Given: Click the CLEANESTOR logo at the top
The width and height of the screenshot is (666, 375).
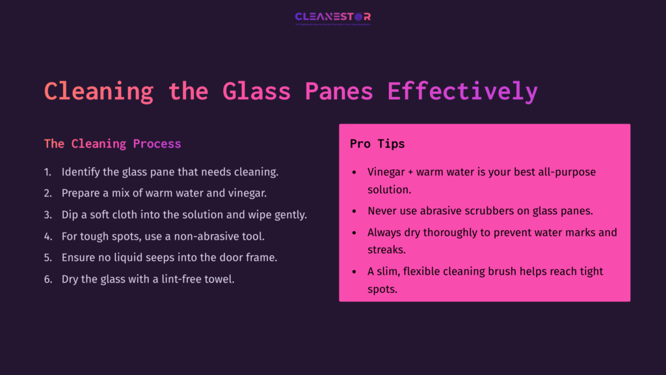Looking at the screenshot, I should [333, 18].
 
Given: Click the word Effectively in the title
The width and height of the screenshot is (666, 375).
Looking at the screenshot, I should [462, 91].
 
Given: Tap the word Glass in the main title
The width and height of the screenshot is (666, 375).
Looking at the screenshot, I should [256, 91].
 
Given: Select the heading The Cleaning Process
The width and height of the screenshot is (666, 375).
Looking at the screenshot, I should [113, 143].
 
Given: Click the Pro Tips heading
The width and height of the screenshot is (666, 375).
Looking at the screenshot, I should [377, 143].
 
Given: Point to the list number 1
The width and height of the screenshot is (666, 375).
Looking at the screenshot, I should [47, 172].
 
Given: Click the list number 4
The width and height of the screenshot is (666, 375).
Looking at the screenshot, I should [47, 236].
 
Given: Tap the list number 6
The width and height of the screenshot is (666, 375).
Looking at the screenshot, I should [47, 279].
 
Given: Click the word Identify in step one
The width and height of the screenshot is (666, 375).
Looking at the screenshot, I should [82, 172].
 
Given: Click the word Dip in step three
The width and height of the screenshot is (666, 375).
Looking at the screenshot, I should [70, 215].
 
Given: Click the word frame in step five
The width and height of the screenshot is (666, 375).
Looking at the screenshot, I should [262, 257].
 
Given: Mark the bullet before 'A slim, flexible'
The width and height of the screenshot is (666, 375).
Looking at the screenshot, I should [353, 271].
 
